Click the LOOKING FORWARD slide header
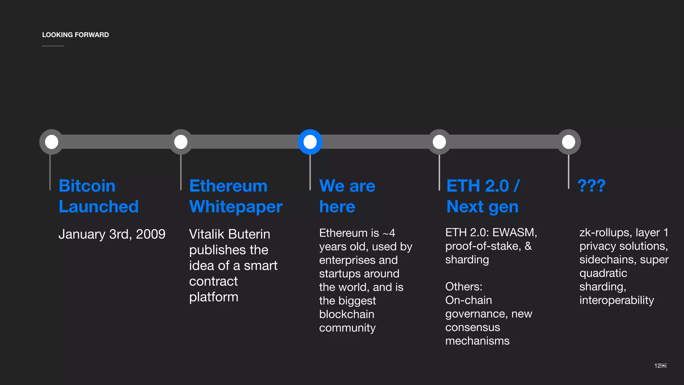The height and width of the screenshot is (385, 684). point(75,35)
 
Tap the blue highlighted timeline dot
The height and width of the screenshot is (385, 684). point(310,142)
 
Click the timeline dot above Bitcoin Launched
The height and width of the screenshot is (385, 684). point(52,142)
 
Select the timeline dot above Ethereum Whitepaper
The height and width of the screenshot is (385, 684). point(181,142)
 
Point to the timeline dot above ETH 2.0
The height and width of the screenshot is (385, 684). point(439,142)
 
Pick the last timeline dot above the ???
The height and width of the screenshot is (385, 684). point(568,142)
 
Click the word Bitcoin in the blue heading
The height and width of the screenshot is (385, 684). point(87,186)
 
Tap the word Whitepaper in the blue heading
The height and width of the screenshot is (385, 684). point(236,207)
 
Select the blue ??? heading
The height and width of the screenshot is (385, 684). point(591,185)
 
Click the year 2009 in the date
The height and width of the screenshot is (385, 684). point(151,234)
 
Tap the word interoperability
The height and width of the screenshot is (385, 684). point(617,300)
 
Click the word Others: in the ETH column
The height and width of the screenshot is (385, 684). point(464,287)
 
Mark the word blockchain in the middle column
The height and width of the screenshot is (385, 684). point(347,314)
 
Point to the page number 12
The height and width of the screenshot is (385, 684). point(657,366)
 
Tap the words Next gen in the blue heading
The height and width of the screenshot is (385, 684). point(482,207)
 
